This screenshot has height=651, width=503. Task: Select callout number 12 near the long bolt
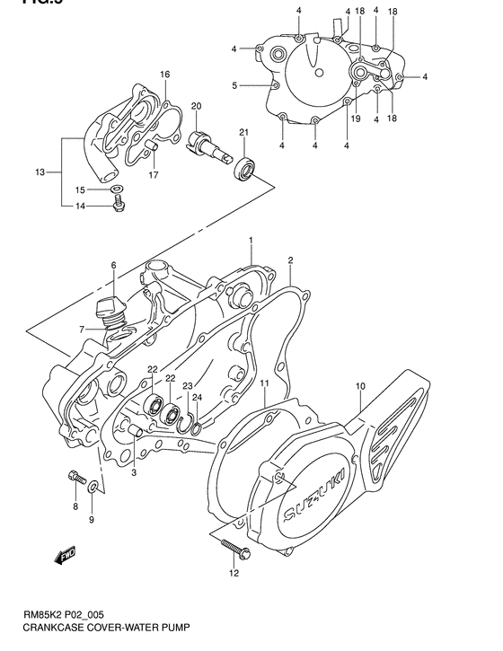tap(234, 573)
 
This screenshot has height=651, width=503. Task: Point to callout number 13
tap(39, 172)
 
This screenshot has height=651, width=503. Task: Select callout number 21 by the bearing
tap(243, 134)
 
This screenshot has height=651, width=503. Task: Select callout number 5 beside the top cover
tap(234, 86)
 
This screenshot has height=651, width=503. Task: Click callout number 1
tap(251, 240)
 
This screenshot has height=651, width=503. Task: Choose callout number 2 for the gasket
tap(291, 260)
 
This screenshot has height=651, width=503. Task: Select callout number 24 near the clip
tap(197, 400)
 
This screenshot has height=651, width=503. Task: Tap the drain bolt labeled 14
tap(118, 206)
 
